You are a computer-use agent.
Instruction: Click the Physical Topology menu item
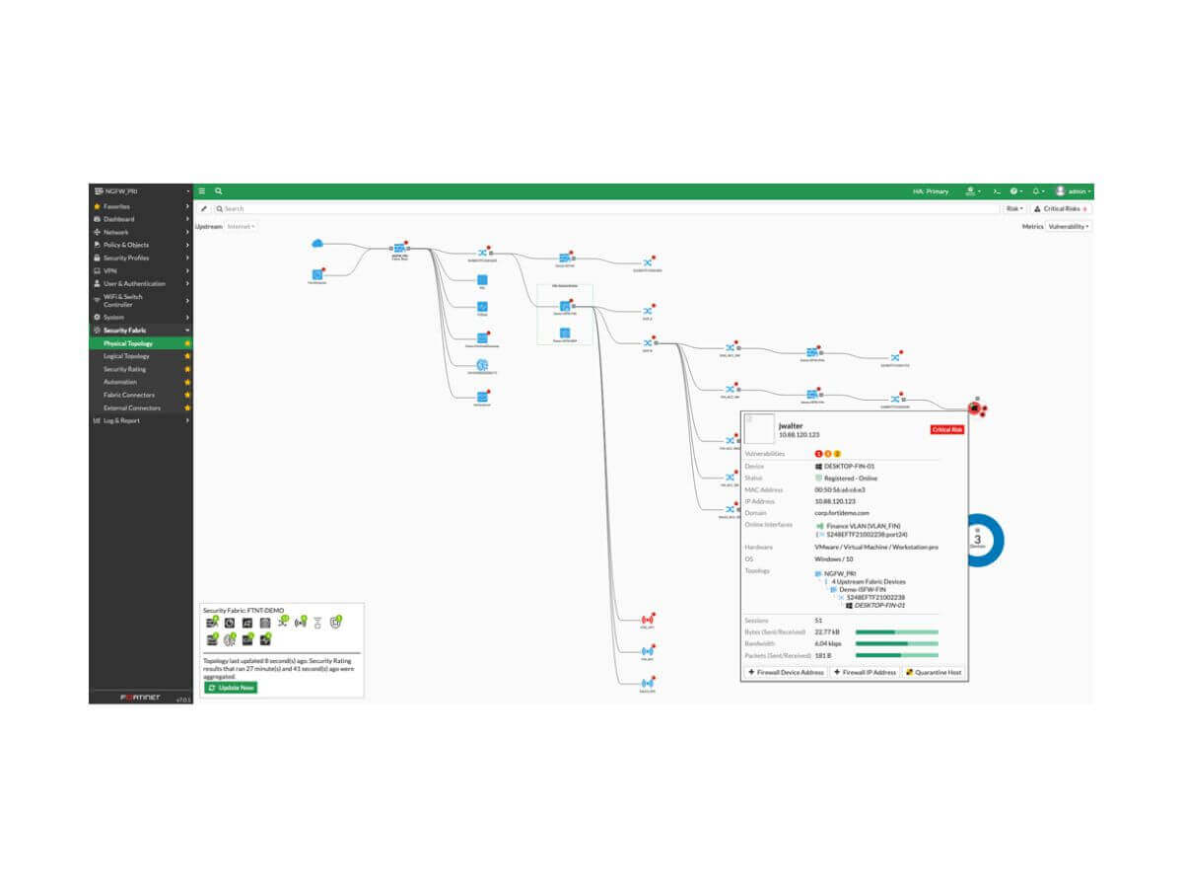[128, 343]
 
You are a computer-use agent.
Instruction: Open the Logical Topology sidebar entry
[127, 356]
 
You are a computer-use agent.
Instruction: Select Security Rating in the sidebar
[125, 369]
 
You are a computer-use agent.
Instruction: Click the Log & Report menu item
[122, 420]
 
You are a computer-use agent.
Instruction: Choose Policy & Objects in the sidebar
[126, 245]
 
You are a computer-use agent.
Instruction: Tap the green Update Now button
[231, 687]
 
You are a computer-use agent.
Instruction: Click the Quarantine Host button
[934, 672]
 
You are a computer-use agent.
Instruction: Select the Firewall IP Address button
[865, 672]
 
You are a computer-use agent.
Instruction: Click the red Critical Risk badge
[946, 430]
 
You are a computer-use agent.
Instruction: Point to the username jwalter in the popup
[791, 426]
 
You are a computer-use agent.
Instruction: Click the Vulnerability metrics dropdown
[1068, 227]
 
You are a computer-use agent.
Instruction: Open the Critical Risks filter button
[1061, 209]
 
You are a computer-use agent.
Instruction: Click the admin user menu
[1074, 191]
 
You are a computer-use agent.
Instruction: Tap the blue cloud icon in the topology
[317, 244]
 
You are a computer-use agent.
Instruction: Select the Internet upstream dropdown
[241, 227]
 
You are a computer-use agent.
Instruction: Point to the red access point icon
[647, 620]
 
